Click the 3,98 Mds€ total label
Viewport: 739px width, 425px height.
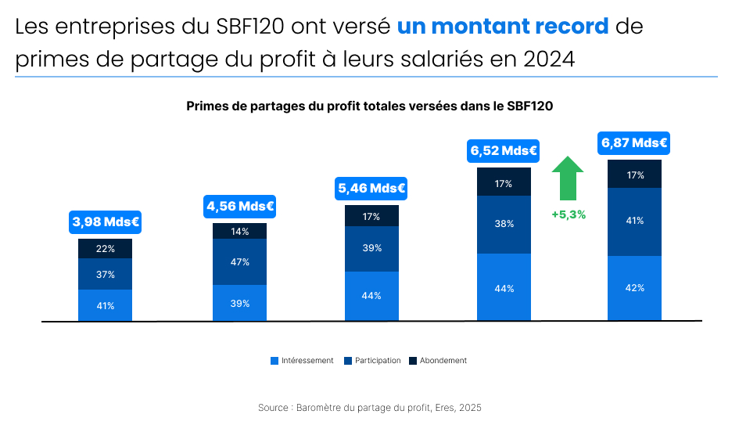coord(106,222)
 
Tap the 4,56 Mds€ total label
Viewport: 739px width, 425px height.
coord(239,207)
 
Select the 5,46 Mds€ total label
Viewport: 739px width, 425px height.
coord(371,189)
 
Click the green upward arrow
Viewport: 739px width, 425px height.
coord(568,178)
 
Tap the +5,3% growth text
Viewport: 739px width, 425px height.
coord(569,214)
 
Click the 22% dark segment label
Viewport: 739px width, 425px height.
coord(106,249)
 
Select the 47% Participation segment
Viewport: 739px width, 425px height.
coord(240,262)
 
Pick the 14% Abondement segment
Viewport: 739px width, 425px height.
coord(240,232)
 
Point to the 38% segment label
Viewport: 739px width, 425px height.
coord(504,224)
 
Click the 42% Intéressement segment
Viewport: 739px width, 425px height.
coord(635,288)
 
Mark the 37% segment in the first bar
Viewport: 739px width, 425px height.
coord(106,275)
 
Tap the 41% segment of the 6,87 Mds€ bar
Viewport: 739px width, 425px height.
coord(635,222)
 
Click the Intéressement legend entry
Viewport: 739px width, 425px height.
coord(302,361)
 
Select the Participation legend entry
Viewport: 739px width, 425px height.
coord(372,361)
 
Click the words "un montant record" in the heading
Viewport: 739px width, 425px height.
coord(503,27)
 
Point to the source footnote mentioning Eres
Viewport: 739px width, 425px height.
coord(370,408)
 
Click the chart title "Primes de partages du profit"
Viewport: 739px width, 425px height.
coord(370,106)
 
